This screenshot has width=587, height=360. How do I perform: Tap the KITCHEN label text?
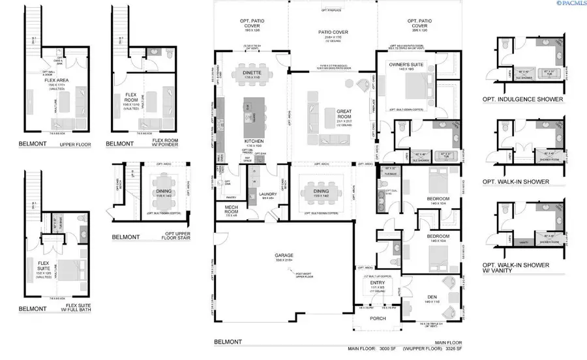pyautogui.click(x=253, y=140)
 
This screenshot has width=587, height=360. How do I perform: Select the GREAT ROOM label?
pyautogui.click(x=344, y=114)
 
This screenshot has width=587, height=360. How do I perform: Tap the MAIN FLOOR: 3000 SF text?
pyautogui.click(x=372, y=350)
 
